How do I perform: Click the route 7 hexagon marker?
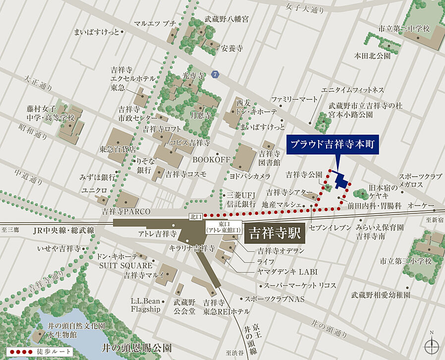click(x=215, y=74)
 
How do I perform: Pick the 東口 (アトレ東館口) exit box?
click(x=223, y=228)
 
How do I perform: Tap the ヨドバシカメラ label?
click(x=250, y=176)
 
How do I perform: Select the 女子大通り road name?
click(x=307, y=9)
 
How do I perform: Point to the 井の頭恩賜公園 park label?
click(x=136, y=348)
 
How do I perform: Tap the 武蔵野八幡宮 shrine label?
click(x=227, y=19)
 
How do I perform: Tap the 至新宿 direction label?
click(x=436, y=219)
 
